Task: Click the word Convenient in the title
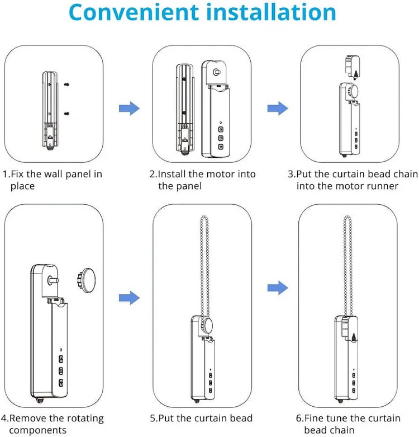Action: pos(134,12)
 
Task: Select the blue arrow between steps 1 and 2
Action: pos(130,109)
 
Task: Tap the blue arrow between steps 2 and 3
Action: pos(278,109)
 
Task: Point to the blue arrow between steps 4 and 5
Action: pos(130,298)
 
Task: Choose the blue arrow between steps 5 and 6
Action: pos(278,288)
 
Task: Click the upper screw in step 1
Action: pos(66,84)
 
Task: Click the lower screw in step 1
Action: pos(66,114)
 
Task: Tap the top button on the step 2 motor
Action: pos(221,129)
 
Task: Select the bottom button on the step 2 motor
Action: pos(221,147)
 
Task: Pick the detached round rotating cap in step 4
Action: pos(86,280)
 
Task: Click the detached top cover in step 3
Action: pos(353,67)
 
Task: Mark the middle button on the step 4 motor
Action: pos(61,371)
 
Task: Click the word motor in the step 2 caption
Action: pos(218,174)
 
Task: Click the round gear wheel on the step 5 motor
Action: pos(206,326)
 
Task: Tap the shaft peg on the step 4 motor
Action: pos(53,280)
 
